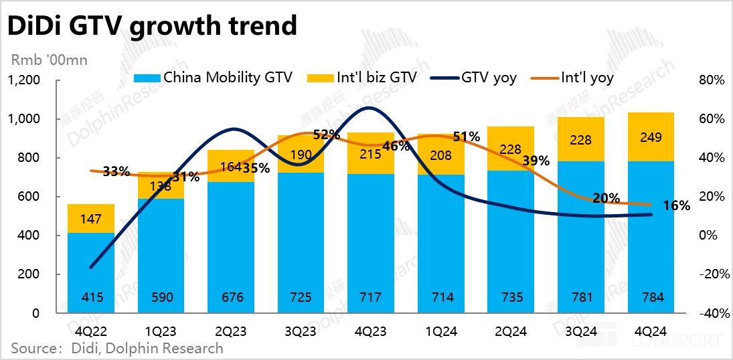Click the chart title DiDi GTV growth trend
152,25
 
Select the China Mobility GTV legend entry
214,78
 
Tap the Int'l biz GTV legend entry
361,78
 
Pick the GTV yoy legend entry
477,78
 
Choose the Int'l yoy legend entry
573,78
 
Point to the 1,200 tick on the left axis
24,80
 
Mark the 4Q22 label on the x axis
91,331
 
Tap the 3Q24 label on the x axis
580,331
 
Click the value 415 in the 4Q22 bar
91,298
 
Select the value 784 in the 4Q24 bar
651,298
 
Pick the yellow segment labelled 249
651,138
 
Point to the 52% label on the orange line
326,134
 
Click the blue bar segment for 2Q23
231,248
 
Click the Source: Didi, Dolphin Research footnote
116,348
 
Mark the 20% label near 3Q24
605,198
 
